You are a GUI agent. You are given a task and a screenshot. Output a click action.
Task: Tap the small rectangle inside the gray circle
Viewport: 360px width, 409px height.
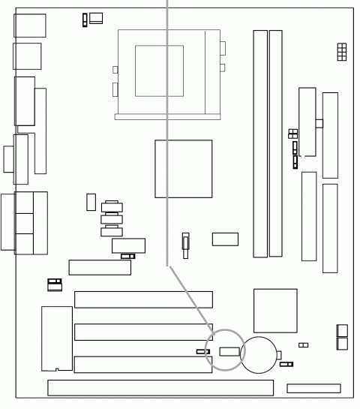tap(229, 350)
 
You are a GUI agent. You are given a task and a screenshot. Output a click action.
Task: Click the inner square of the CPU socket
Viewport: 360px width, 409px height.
tap(159, 71)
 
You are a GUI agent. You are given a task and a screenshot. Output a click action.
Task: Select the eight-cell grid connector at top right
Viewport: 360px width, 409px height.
tap(342, 52)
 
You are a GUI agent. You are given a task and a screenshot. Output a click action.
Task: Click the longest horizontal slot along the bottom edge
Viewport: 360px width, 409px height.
tap(160, 387)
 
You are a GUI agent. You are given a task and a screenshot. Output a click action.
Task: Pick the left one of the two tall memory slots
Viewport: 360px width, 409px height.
tap(259, 143)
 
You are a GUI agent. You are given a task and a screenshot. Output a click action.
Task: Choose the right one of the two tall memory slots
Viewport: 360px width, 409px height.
tap(276, 143)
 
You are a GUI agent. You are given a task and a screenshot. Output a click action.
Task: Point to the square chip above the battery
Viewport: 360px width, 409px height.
tap(275, 310)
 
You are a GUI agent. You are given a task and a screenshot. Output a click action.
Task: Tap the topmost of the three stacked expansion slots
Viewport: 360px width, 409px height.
tap(143, 299)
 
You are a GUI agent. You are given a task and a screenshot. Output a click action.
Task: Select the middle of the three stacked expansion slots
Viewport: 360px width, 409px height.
tap(143, 332)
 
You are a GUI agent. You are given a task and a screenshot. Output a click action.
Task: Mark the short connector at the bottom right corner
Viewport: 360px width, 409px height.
tap(313, 388)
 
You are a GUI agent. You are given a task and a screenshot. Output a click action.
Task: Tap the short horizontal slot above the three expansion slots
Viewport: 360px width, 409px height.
tap(99, 266)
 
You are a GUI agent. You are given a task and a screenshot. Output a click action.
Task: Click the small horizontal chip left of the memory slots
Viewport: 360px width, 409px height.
tap(225, 239)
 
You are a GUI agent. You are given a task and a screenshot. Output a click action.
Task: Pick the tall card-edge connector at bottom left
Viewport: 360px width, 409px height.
tap(56, 338)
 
